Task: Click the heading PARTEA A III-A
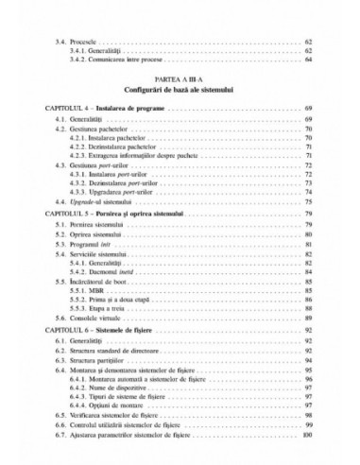[x=180, y=83]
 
